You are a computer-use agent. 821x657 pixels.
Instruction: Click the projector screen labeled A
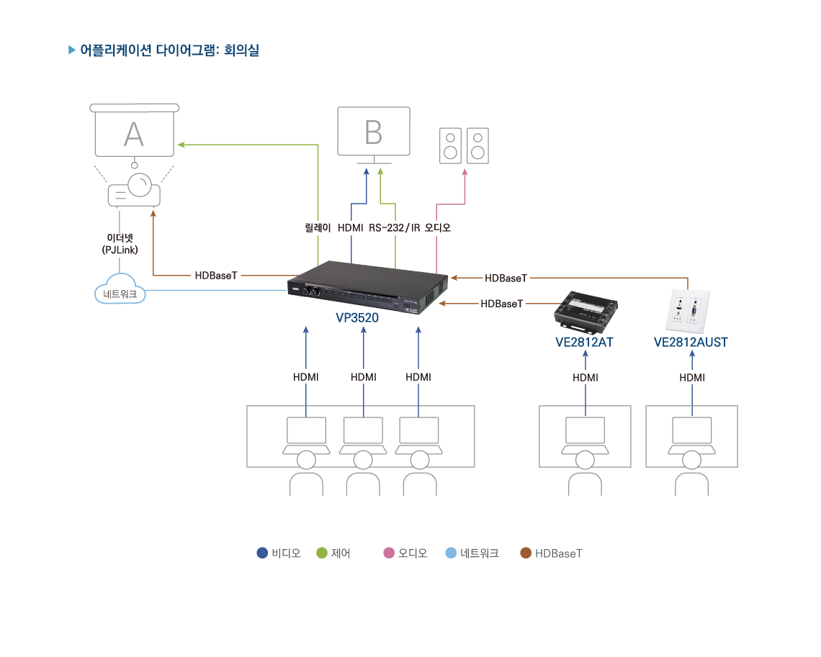pyautogui.click(x=134, y=134)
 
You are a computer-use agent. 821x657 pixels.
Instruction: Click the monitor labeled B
pyautogui.click(x=373, y=132)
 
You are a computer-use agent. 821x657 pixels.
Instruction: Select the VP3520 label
pyautogui.click(x=357, y=317)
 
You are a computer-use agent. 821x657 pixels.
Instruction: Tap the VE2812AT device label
pyautogui.click(x=584, y=343)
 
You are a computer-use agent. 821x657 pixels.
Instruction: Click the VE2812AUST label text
pyautogui.click(x=691, y=343)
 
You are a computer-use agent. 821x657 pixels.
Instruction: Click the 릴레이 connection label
pyautogui.click(x=318, y=228)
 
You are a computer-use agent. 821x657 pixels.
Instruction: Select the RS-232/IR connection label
pyautogui.click(x=394, y=228)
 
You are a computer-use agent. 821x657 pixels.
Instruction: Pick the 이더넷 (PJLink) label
pyautogui.click(x=120, y=244)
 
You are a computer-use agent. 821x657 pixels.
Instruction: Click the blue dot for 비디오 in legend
pyautogui.click(x=262, y=553)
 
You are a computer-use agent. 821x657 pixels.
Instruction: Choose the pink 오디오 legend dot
pyautogui.click(x=389, y=553)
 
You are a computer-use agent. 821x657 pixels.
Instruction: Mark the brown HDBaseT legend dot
pyautogui.click(x=526, y=553)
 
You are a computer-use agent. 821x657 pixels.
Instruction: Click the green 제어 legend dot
pyautogui.click(x=322, y=553)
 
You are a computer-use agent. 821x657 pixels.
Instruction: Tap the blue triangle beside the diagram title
pyautogui.click(x=71, y=50)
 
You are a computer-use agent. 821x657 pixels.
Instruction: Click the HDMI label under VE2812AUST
pyautogui.click(x=691, y=377)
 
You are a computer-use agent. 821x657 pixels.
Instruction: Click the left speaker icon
pyautogui.click(x=450, y=145)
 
